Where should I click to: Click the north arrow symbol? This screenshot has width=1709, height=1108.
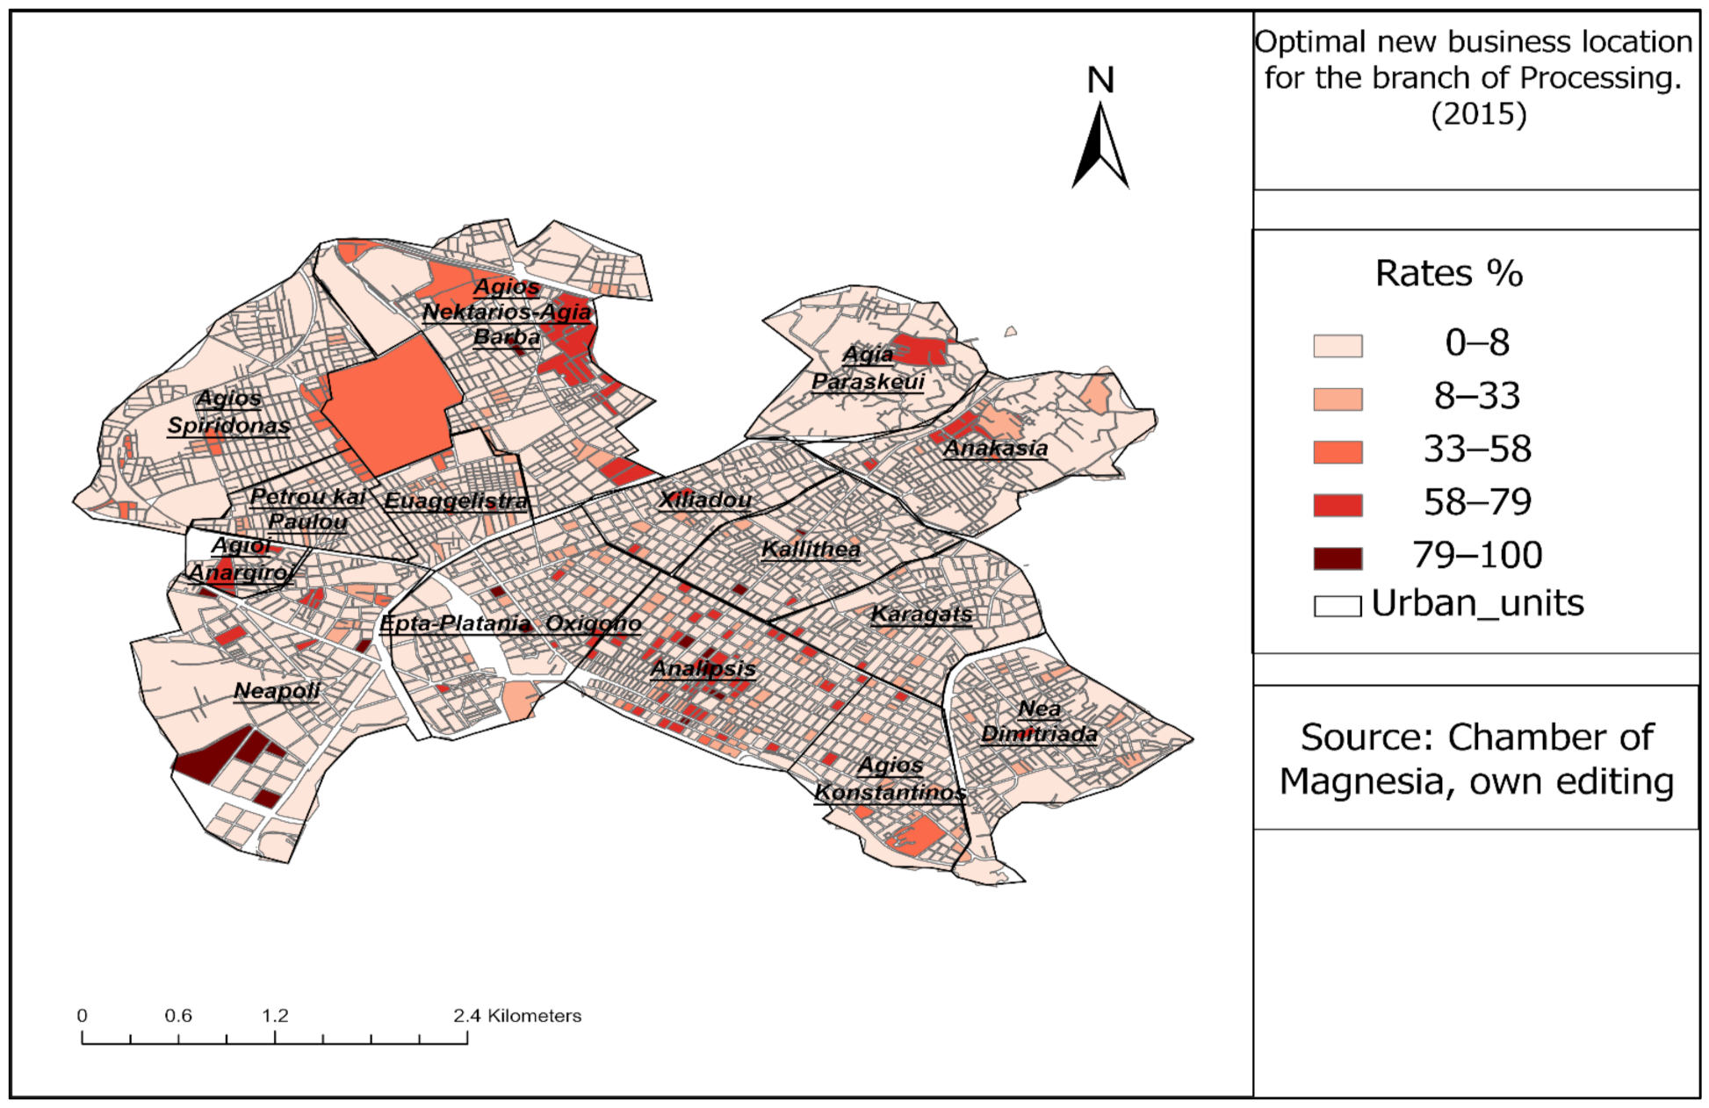1100,147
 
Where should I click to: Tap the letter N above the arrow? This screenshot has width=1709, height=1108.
1100,81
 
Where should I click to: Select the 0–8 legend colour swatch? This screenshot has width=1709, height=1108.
1338,346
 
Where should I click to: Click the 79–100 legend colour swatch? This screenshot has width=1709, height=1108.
1338,558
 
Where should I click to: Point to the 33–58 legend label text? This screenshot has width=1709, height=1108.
1477,450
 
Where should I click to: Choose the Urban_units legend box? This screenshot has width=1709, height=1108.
1338,606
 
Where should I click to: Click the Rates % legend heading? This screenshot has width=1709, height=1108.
1449,274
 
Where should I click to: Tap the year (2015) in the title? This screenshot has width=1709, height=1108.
1479,114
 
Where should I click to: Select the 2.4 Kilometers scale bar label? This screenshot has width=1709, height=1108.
517,1016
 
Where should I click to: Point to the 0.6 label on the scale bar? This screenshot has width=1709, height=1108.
178,1016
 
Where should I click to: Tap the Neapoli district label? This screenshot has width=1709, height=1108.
277,691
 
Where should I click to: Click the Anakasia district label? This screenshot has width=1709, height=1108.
995,449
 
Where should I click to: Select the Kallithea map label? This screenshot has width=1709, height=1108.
811,550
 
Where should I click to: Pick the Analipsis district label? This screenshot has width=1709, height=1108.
703,669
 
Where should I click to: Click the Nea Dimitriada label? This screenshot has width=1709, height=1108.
1039,721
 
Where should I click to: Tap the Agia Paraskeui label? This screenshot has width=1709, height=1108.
868,368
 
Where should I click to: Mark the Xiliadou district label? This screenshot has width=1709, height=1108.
705,500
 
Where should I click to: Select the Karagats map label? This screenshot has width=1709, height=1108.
921,614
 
